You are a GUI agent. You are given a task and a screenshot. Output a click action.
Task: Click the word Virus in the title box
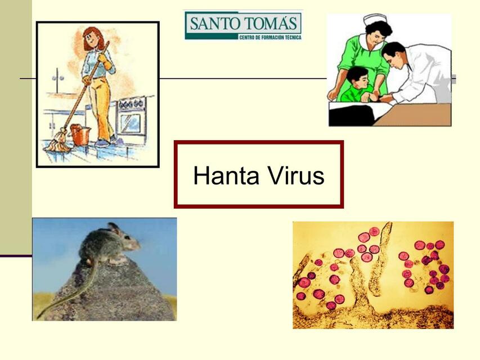tap(296, 175)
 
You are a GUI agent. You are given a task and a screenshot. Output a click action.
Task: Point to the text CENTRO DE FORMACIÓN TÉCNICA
tap(270, 37)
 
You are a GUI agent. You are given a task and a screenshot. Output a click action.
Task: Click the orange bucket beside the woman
tap(80, 134)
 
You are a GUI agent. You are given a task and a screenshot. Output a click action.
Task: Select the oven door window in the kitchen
tap(131, 123)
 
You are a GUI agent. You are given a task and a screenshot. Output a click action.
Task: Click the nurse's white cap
tap(373, 20)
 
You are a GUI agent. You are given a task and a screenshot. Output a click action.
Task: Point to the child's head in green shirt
tap(357, 78)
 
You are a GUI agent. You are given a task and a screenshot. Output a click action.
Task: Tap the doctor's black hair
tap(393, 50)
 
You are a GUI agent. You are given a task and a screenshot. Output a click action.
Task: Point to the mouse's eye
tap(127, 237)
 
